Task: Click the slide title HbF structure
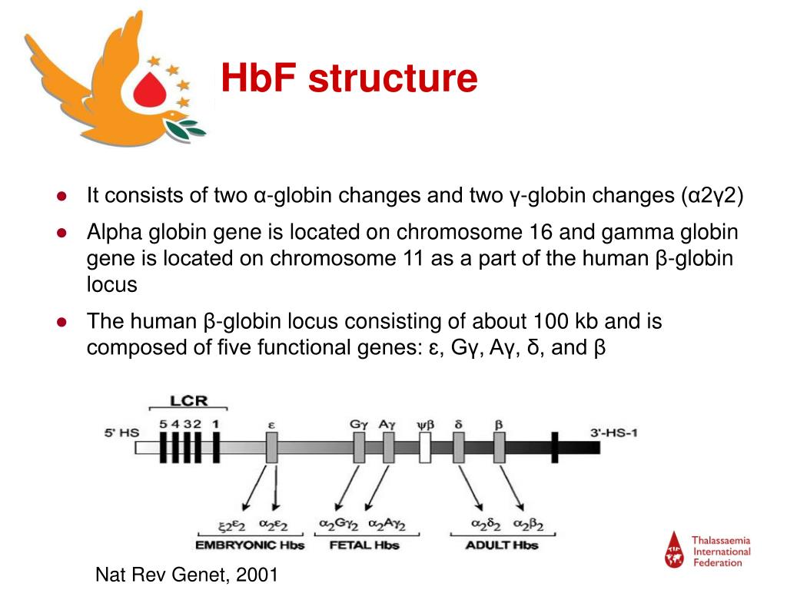(x=350, y=78)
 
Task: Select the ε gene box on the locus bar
(x=271, y=447)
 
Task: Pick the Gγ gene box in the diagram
(x=359, y=447)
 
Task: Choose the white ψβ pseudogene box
(x=425, y=447)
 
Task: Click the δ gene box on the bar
(x=459, y=447)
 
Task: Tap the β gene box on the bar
(x=500, y=447)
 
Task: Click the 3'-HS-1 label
(x=613, y=433)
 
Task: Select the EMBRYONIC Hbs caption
(x=250, y=545)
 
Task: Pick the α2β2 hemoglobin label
(x=530, y=525)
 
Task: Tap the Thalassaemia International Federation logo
(x=708, y=550)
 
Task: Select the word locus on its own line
(x=112, y=284)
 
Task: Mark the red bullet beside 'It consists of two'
(x=61, y=196)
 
